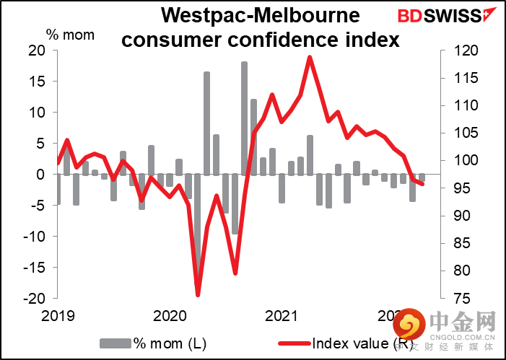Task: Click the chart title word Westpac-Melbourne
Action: pyautogui.click(x=261, y=15)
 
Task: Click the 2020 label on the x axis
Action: pyautogui.click(x=170, y=315)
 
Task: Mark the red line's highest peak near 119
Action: pyautogui.click(x=310, y=57)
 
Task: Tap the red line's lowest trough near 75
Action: pyautogui.click(x=198, y=295)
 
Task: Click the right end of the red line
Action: pyautogui.click(x=422, y=184)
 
